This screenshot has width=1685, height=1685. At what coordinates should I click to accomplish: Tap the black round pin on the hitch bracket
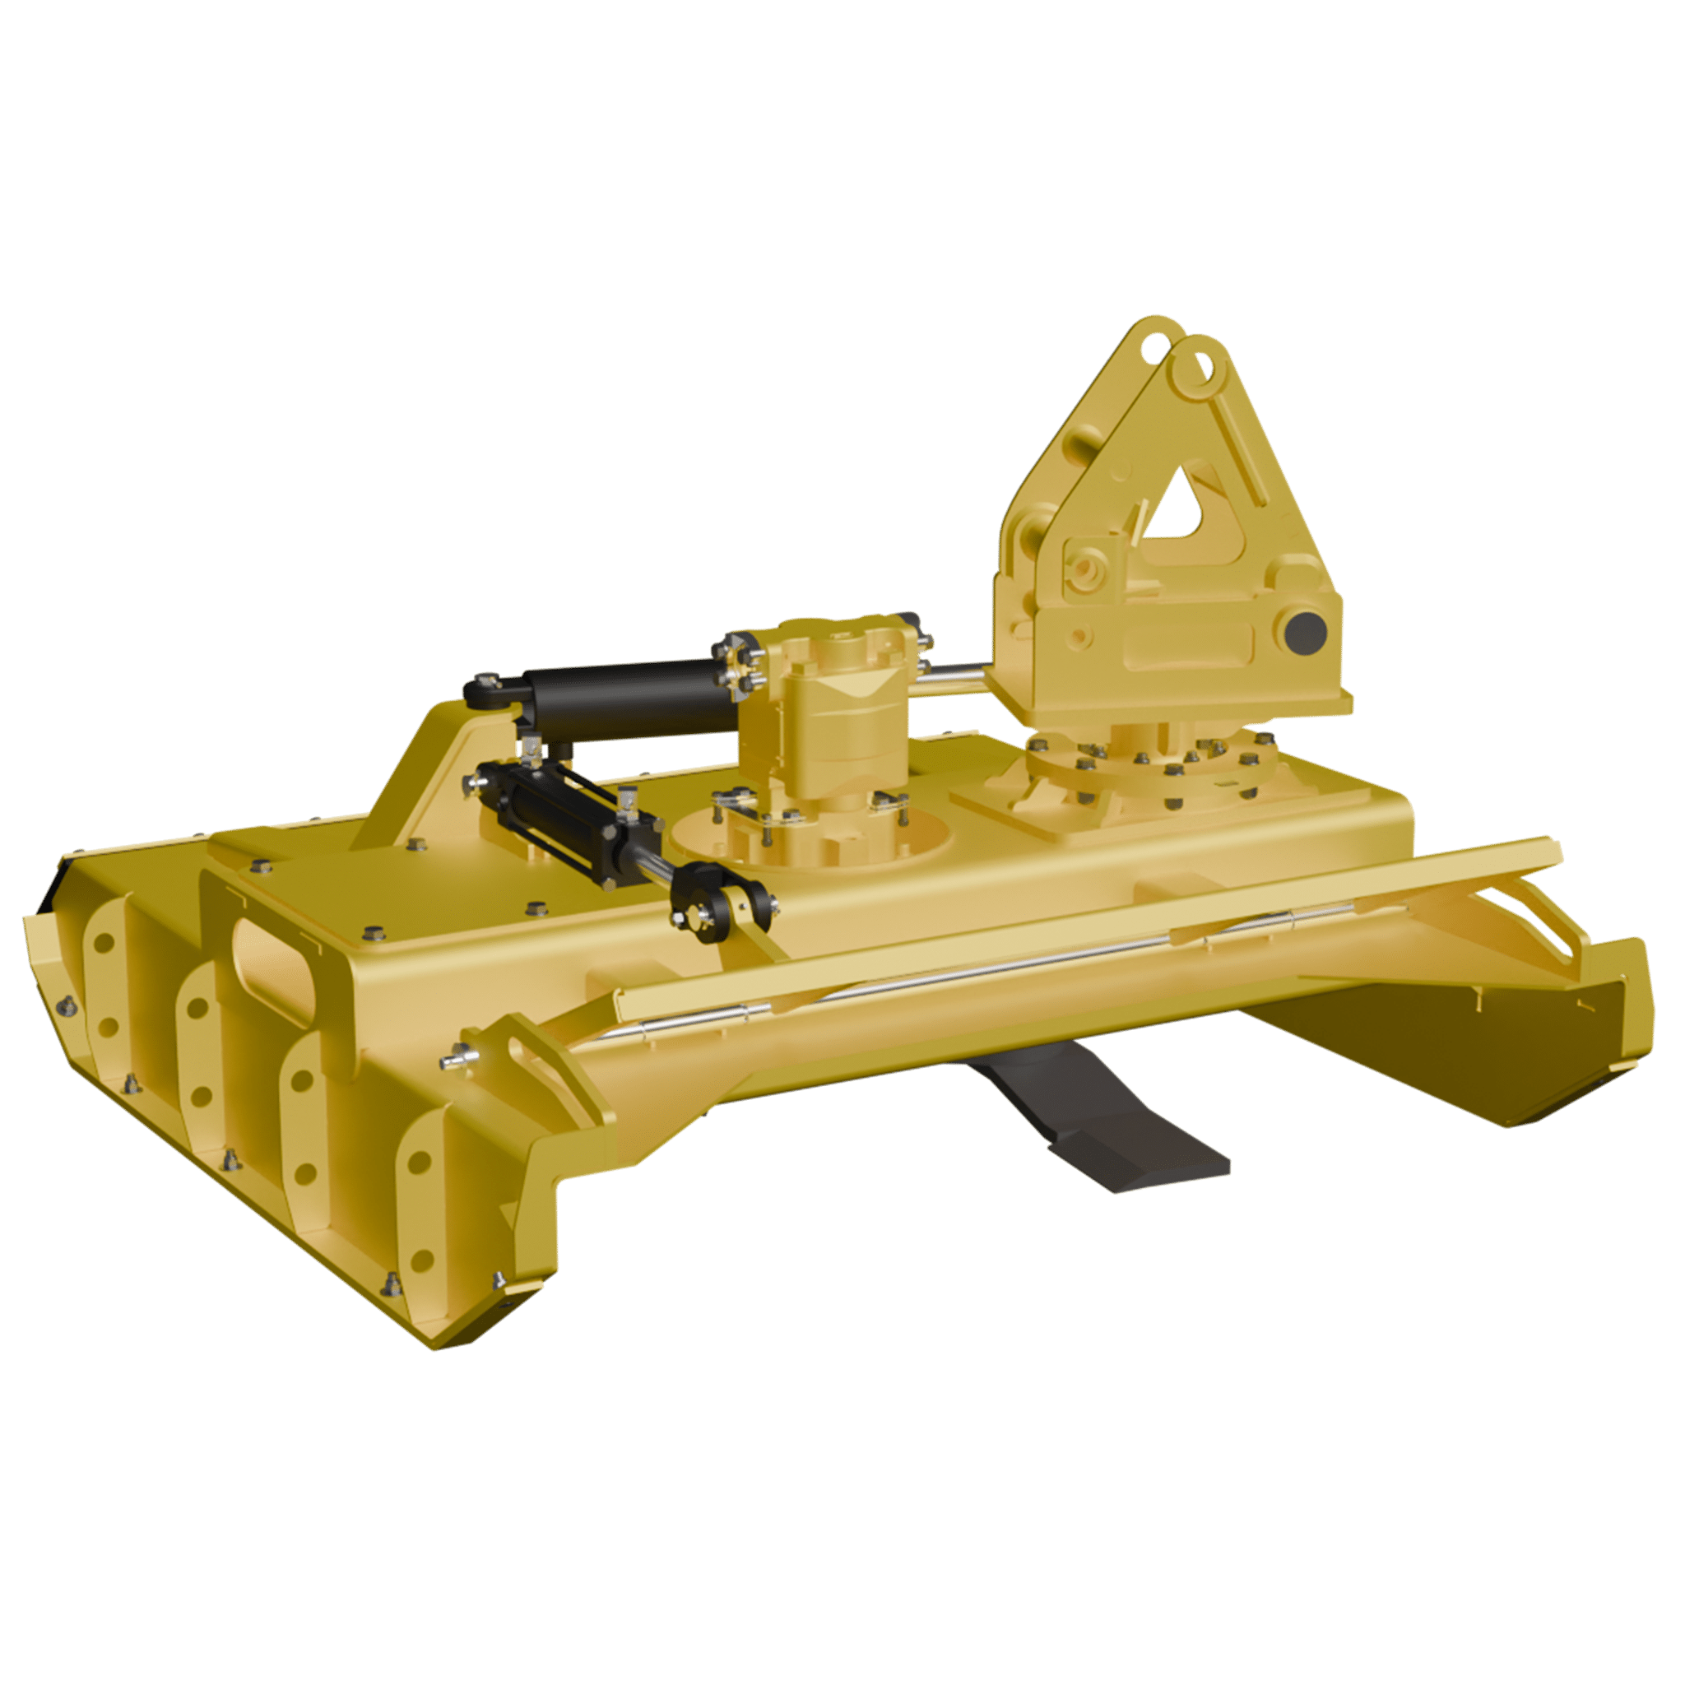[1305, 629]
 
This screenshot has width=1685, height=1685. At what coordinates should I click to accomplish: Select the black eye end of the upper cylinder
[485, 694]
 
